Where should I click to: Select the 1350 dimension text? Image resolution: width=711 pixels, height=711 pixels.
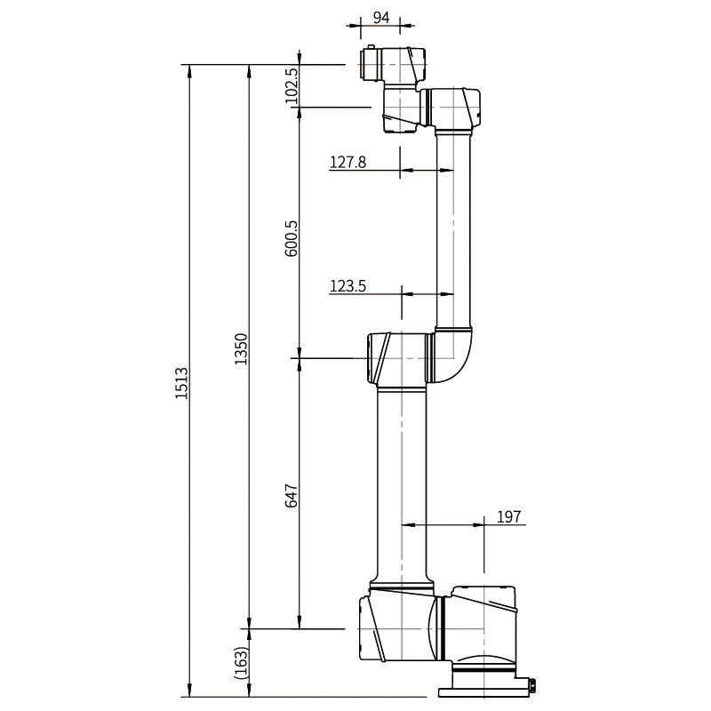tap(239, 349)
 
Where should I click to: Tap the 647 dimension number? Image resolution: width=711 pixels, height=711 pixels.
tap(291, 495)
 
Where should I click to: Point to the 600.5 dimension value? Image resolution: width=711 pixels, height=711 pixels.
tap(291, 237)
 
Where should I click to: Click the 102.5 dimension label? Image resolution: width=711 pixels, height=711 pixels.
tap(291, 86)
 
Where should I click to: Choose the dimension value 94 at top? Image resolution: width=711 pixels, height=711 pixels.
tap(381, 17)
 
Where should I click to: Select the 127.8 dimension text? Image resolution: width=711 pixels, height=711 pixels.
tap(348, 162)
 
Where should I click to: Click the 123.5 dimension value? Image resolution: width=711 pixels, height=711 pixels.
tap(348, 285)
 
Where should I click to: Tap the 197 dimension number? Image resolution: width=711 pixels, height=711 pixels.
tap(509, 516)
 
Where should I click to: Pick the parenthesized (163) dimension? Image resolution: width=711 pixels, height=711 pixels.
tap(240, 662)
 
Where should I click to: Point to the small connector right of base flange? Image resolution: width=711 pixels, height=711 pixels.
tap(531, 684)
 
